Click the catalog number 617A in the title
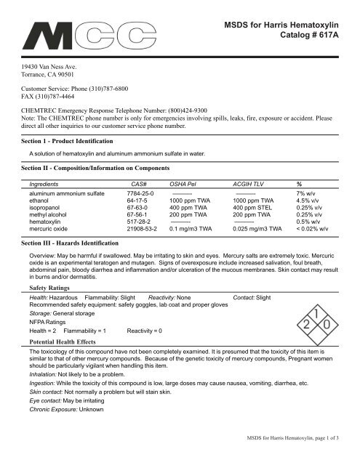point(331,40)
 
